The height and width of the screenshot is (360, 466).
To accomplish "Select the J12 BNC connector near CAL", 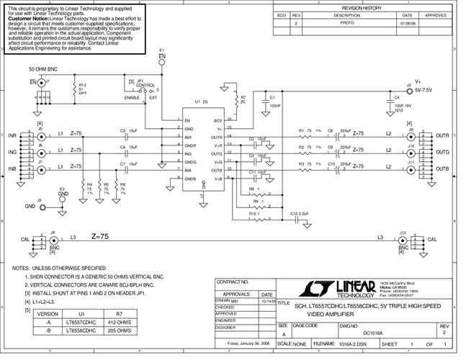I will [401, 240].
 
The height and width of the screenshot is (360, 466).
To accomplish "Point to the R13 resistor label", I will [82, 85].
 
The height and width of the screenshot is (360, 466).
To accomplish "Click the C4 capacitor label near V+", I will [396, 96].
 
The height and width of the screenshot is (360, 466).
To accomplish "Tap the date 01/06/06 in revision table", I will [407, 23].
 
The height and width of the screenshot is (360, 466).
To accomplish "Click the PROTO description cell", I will [346, 23].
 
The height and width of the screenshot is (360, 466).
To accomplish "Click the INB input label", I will [12, 169].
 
